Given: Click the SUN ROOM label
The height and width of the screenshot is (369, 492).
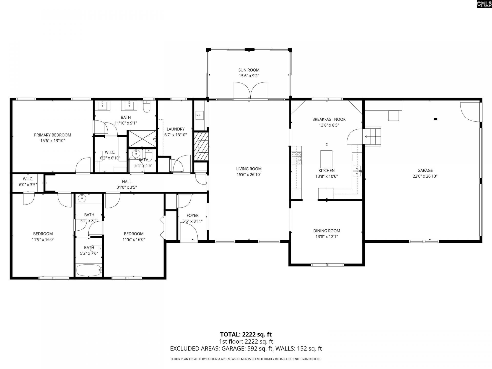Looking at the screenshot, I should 249,70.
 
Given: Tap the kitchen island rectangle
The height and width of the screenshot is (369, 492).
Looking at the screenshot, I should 326,159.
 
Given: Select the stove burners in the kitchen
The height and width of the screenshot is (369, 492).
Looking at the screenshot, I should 296,158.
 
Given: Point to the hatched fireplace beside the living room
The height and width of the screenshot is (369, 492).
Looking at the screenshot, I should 201,146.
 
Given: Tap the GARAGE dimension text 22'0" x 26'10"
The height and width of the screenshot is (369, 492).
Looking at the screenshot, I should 425,176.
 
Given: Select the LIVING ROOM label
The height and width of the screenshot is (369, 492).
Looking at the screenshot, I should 249,169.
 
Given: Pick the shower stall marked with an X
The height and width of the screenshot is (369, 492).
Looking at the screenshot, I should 142,139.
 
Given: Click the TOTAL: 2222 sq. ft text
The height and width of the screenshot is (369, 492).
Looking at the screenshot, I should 246,334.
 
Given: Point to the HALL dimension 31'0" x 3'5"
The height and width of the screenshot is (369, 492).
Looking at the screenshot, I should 127,187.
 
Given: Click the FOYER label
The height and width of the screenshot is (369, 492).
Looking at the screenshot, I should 192,216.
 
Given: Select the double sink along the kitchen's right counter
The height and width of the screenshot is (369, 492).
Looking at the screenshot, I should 357,171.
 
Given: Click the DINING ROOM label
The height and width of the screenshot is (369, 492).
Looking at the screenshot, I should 326,231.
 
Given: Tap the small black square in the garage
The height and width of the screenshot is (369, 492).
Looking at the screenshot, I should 435,119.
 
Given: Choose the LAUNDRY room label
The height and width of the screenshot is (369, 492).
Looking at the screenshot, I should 176,129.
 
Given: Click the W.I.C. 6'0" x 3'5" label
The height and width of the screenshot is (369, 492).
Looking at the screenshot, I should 28,179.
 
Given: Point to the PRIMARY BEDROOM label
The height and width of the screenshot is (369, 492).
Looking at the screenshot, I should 53,135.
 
